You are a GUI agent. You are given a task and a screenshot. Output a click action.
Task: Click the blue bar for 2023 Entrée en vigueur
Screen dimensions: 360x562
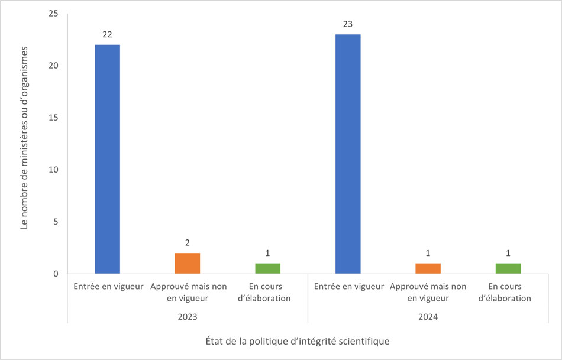107,159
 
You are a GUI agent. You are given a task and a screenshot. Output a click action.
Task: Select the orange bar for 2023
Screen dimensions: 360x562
188,264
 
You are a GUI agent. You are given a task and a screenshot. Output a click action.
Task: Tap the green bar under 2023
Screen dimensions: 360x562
267,268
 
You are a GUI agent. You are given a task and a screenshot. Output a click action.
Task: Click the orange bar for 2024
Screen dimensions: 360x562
428,268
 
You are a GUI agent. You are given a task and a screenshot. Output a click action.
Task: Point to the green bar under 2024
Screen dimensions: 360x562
508,268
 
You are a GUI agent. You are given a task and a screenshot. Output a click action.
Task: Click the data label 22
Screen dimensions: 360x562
107,34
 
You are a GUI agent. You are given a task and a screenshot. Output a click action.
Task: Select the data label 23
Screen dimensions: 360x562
348,24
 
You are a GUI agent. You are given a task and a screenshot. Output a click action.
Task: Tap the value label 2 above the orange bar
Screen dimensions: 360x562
188,243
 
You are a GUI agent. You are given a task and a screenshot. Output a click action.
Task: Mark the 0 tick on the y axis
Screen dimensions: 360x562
56,274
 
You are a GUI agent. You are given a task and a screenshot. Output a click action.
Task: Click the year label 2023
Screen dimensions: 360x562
188,317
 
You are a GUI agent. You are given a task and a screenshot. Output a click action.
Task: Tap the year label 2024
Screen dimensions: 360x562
428,317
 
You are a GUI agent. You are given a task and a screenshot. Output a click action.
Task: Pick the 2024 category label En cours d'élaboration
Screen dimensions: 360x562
508,293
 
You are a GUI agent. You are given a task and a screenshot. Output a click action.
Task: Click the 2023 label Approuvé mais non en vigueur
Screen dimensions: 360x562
188,293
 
